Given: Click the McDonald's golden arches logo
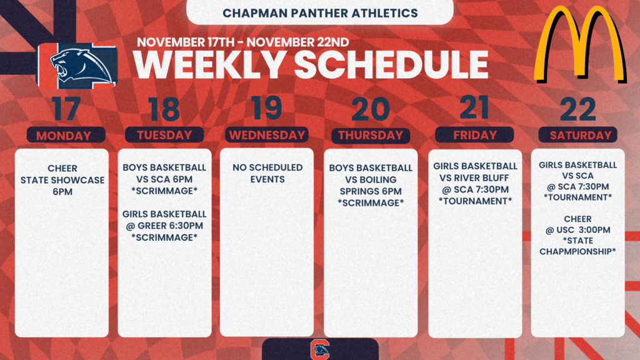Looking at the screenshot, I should (x=579, y=45).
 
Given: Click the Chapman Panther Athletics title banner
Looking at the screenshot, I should (x=320, y=12).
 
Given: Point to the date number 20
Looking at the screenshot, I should (x=371, y=110).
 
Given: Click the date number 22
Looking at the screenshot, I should (x=578, y=110).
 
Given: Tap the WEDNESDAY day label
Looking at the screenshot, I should (x=267, y=135).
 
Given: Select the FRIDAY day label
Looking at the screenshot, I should (x=474, y=134).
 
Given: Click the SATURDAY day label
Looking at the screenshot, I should (x=578, y=135).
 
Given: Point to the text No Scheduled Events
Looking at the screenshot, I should (x=267, y=173).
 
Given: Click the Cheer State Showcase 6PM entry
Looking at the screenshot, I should (x=62, y=180).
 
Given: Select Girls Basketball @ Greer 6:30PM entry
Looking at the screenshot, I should (x=164, y=226).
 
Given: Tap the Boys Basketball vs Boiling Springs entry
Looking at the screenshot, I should (x=371, y=185).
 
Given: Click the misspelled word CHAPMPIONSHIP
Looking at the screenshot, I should (x=578, y=251).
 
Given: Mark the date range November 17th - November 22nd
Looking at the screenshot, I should (x=239, y=42).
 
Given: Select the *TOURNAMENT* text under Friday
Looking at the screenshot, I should (x=475, y=201).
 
